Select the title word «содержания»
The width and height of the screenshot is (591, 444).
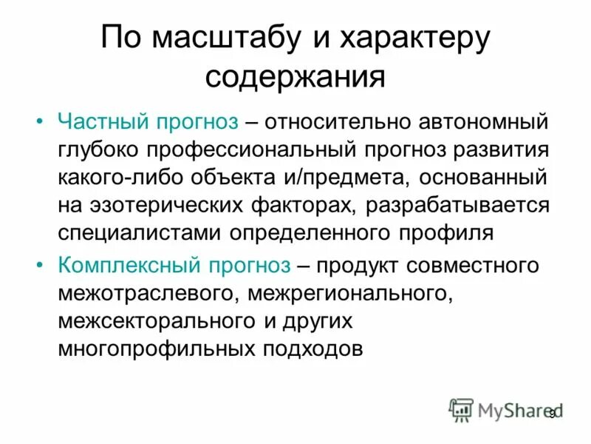pos(295,76)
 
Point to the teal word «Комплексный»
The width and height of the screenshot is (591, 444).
pos(130,265)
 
